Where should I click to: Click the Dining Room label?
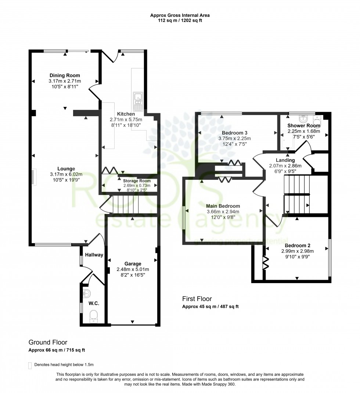pyautogui.click(x=65, y=75)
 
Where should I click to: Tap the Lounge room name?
pyautogui.click(x=64, y=169)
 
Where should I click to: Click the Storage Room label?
pyautogui.click(x=137, y=181)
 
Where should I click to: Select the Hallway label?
pyautogui.click(x=94, y=255)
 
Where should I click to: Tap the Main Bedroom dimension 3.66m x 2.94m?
pyautogui.click(x=223, y=211)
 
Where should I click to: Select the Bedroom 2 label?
pyautogui.click(x=295, y=245)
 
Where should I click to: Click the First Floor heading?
pyautogui.click(x=197, y=299)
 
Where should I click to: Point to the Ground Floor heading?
pyautogui.click(x=48, y=342)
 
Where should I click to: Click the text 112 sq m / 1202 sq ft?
pyautogui.click(x=180, y=21)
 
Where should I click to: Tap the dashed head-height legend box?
pyautogui.click(x=30, y=365)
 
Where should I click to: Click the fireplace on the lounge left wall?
pyautogui.click(x=33, y=177)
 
